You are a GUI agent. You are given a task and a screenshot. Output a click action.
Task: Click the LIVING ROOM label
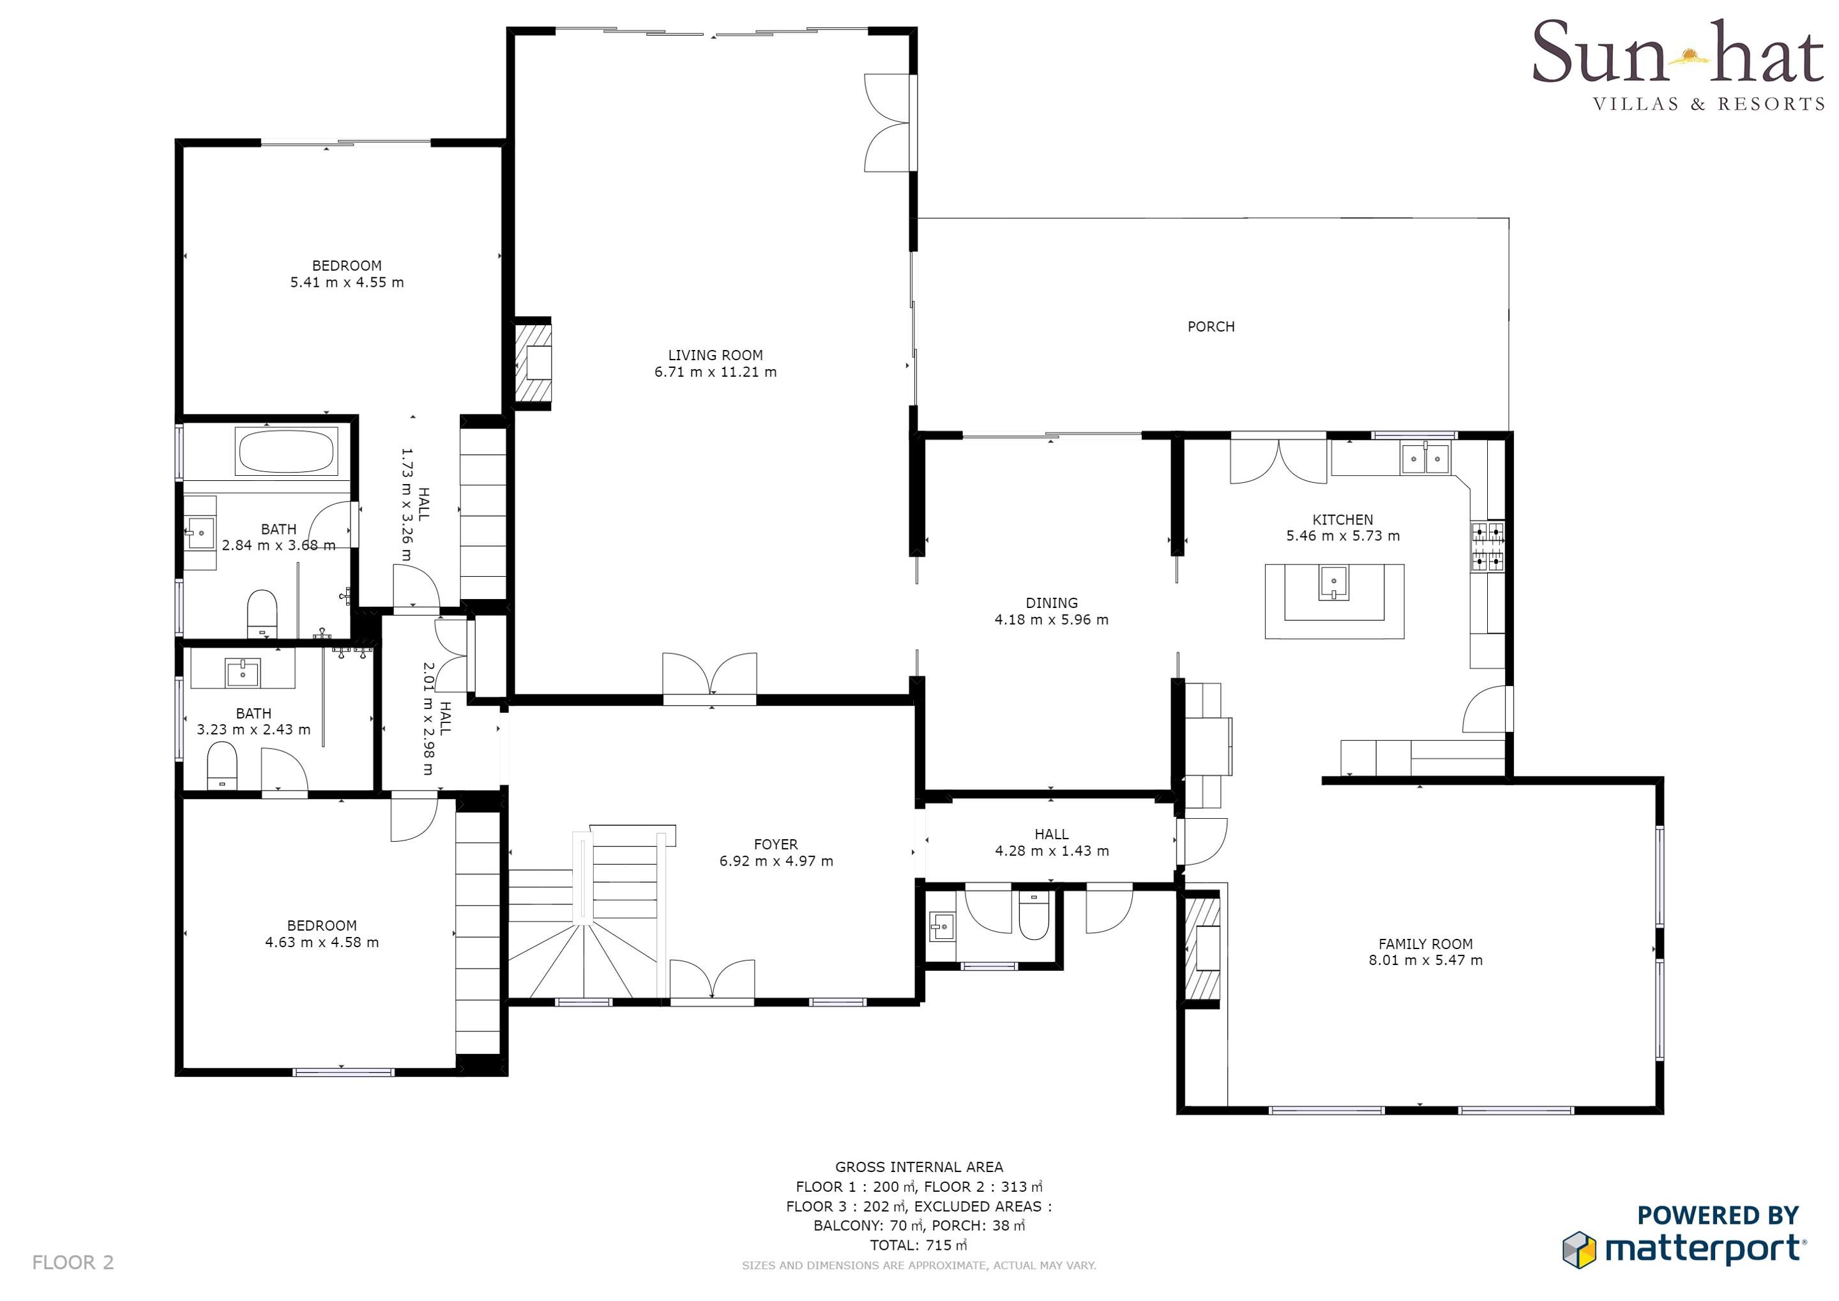pos(715,355)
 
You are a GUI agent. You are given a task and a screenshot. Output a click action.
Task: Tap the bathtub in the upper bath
pos(285,452)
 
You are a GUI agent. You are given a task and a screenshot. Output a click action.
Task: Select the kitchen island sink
pos(1334,582)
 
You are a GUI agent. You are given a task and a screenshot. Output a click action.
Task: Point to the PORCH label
pos(1211,326)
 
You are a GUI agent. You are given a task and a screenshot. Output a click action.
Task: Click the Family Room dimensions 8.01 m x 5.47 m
pos(1426,960)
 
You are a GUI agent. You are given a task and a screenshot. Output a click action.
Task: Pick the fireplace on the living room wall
pos(533,363)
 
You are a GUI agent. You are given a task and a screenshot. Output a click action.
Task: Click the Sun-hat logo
pos(1677,66)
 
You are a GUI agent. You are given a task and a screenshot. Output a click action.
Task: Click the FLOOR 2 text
pos(73,1263)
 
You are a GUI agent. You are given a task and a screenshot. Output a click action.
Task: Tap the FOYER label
pos(775,844)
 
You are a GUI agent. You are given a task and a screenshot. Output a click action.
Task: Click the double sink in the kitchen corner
pos(1426,459)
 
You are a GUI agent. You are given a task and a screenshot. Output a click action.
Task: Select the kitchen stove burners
pos(1487,546)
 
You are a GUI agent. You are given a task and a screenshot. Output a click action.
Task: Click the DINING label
pos(1052,602)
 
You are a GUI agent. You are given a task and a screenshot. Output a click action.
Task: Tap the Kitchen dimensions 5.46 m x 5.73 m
pos(1343,536)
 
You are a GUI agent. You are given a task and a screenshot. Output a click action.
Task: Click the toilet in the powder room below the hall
pos(1033,916)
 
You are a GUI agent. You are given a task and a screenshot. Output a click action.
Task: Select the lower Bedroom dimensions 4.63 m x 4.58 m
pos(322,942)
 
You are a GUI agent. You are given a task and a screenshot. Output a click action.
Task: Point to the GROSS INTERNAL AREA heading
pos(919,1168)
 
